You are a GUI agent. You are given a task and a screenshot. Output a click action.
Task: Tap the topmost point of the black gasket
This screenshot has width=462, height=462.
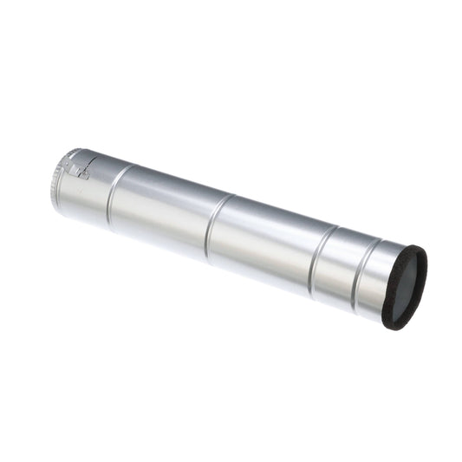click(419, 246)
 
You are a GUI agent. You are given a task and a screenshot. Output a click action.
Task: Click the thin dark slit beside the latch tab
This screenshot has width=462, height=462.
click(75, 161)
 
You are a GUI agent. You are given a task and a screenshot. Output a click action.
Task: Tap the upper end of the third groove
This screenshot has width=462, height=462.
click(334, 231)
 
